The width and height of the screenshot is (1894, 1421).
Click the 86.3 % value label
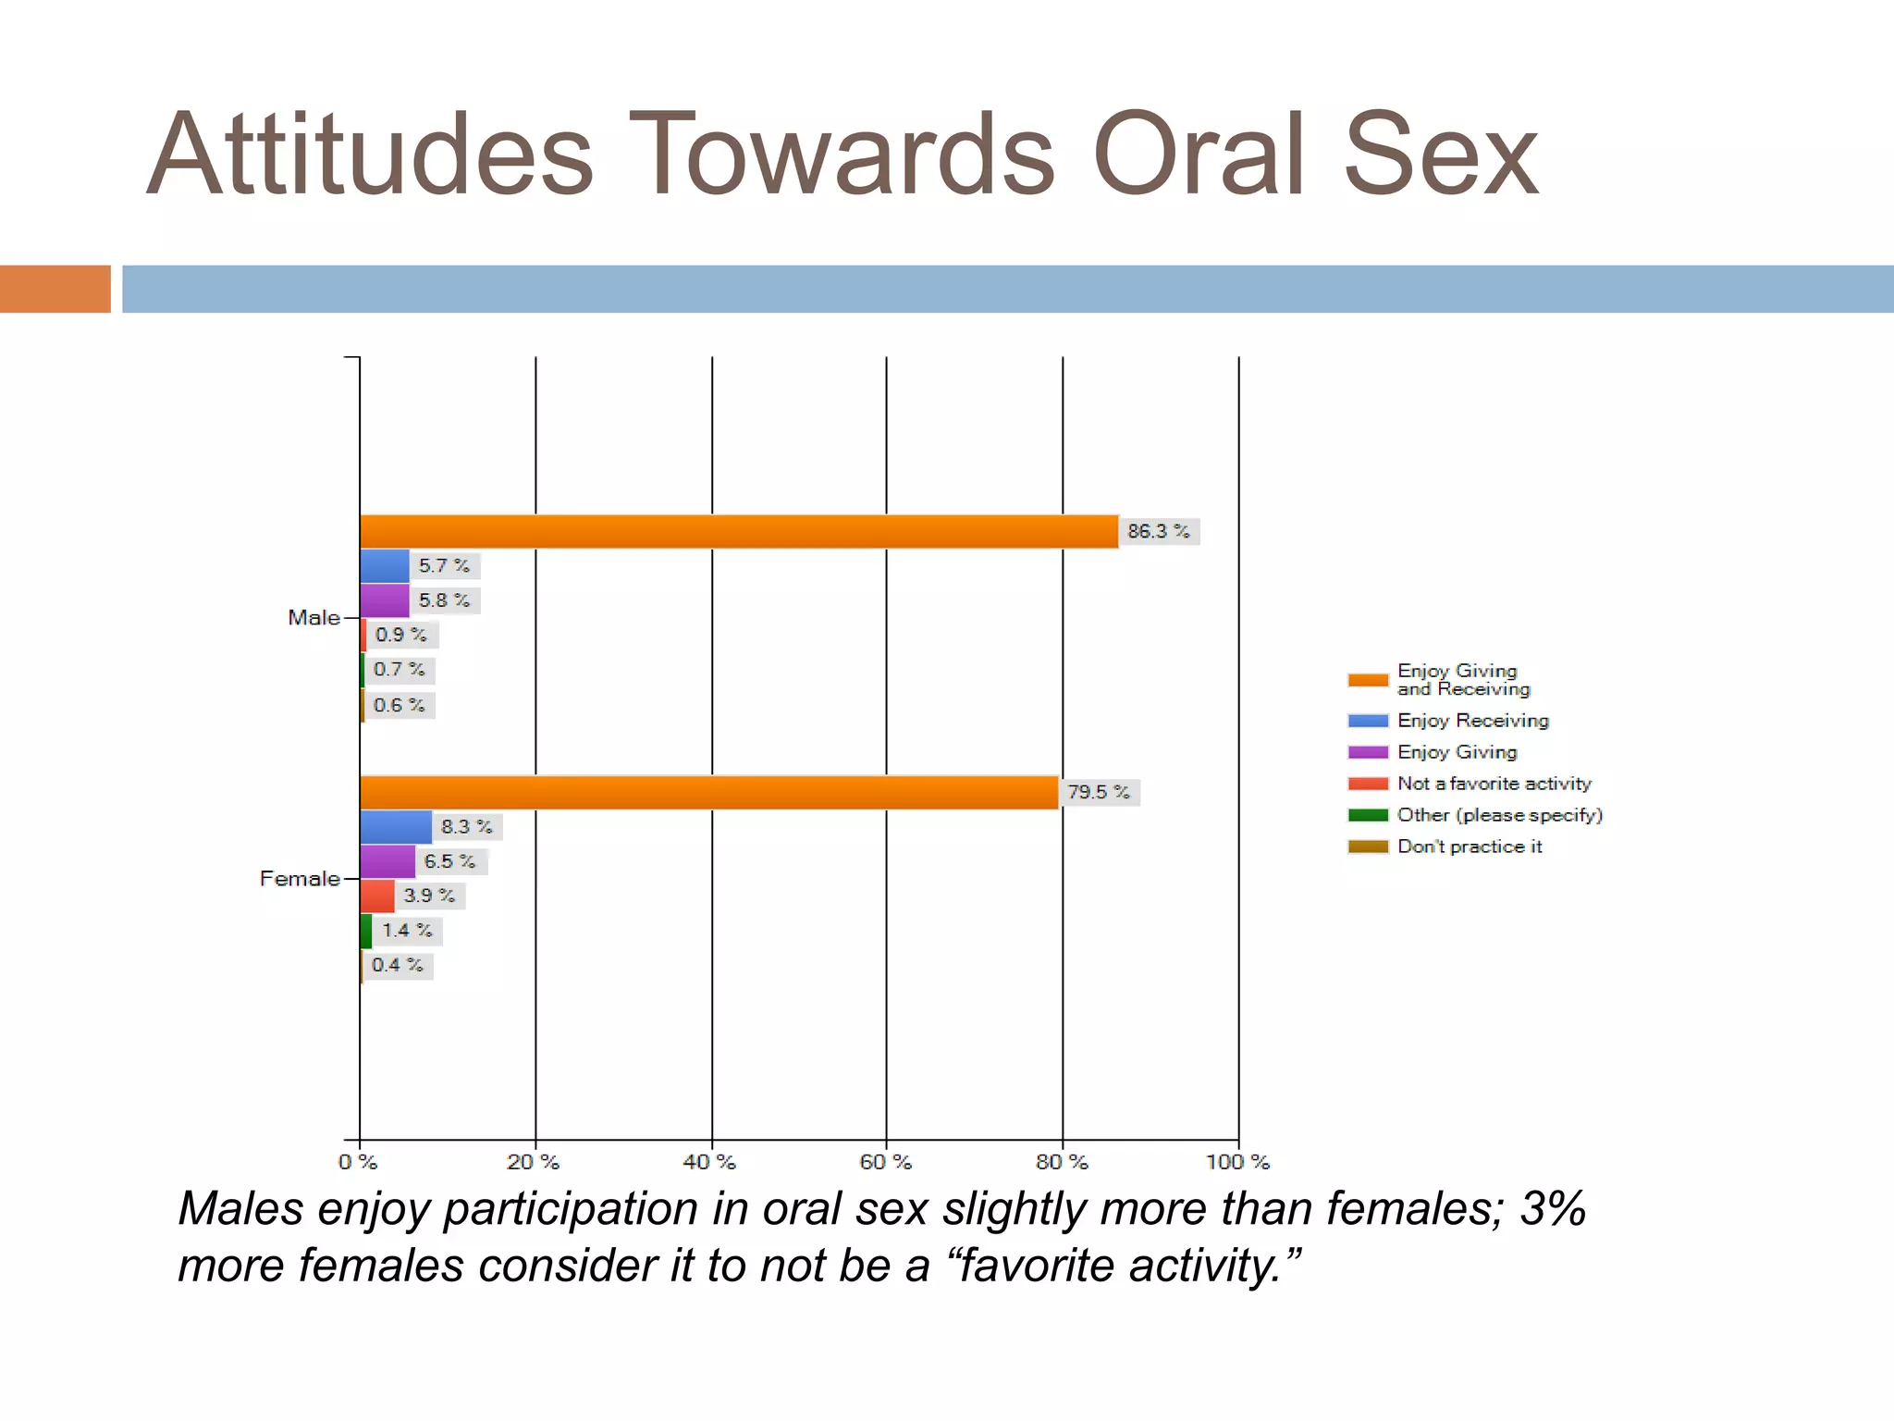(1158, 531)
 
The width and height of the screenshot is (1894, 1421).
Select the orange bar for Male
(738, 531)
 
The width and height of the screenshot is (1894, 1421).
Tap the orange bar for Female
(708, 793)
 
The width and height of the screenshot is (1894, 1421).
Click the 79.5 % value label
(1099, 793)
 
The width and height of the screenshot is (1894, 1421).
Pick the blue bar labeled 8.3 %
(396, 827)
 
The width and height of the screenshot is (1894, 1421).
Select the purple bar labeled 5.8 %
(385, 600)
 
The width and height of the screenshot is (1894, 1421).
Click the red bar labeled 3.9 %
(377, 896)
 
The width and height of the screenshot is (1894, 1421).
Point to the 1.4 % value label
(407, 931)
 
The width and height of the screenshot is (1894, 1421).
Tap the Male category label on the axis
(314, 618)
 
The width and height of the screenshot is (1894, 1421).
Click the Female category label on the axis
(300, 879)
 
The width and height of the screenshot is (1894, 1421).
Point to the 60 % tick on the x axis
(886, 1162)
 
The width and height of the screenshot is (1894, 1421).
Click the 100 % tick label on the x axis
(1237, 1162)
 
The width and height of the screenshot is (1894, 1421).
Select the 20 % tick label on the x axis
(534, 1162)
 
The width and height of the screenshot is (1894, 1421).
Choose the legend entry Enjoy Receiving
(1472, 721)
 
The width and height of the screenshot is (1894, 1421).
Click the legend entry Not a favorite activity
(1494, 784)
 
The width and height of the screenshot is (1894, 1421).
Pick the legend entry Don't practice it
(1469, 846)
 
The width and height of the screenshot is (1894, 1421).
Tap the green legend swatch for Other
(1368, 815)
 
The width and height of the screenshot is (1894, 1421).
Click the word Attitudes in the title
(370, 155)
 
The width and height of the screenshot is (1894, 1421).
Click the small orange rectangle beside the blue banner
(55, 289)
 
